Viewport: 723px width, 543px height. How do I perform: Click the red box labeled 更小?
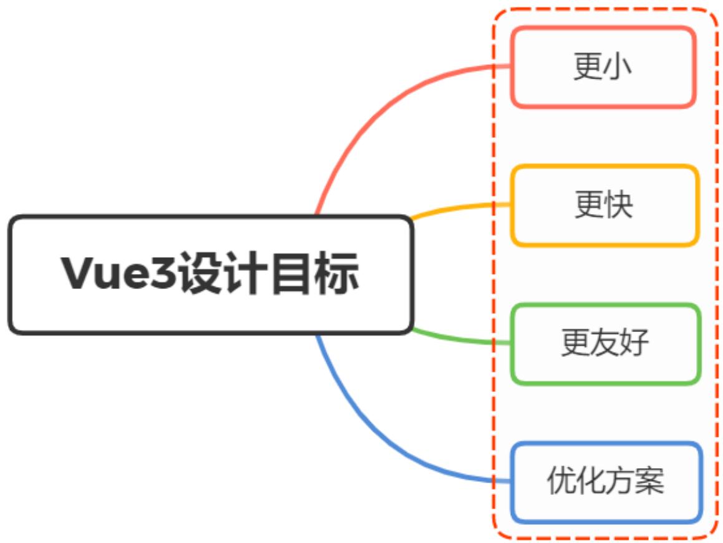pyautogui.click(x=603, y=67)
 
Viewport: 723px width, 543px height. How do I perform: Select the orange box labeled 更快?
pyautogui.click(x=604, y=205)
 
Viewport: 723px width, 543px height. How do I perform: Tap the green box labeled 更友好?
pyautogui.click(x=605, y=343)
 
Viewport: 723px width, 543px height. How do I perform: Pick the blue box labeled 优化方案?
pyautogui.click(x=606, y=482)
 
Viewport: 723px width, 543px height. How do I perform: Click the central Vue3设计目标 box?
pyautogui.click(x=211, y=275)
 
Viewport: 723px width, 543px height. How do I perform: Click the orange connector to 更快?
pyautogui.click(x=455, y=208)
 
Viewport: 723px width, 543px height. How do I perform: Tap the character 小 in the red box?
pyautogui.click(x=617, y=67)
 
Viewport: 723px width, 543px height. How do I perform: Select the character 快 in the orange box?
pyautogui.click(x=618, y=205)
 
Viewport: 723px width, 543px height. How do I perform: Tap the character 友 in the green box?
pyautogui.click(x=605, y=343)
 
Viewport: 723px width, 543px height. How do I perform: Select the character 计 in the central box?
pyautogui.click(x=244, y=275)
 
